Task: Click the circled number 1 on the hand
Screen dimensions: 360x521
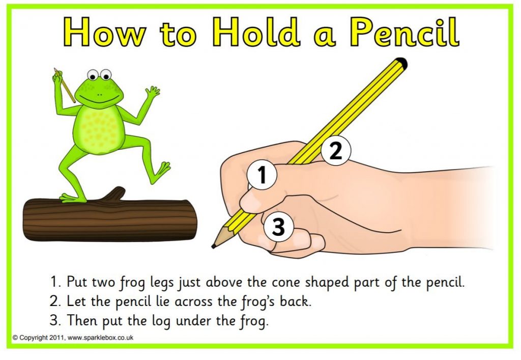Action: (262, 175)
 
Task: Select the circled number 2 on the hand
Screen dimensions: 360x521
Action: (336, 151)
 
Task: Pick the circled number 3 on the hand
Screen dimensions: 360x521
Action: (278, 227)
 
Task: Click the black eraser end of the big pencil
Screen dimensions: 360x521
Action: (401, 63)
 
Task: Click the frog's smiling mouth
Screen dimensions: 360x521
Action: (100, 96)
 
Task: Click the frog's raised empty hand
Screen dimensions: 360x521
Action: (152, 93)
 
